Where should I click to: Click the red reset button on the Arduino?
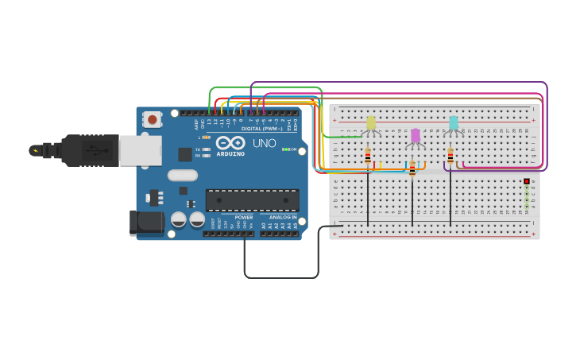152,119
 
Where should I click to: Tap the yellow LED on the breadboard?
371,123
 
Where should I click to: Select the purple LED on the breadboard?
416,136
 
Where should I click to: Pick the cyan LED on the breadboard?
454,123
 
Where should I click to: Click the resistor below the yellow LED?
368,157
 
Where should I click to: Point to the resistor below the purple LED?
412,169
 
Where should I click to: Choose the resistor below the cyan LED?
450,157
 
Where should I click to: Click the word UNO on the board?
265,144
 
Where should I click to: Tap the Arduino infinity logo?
230,142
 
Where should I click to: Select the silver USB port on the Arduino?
141,150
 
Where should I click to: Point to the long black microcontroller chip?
253,199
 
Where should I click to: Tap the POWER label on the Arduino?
244,217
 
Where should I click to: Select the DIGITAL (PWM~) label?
262,128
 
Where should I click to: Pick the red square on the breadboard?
527,182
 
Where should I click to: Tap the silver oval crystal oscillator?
183,175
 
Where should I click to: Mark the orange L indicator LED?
207,137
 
